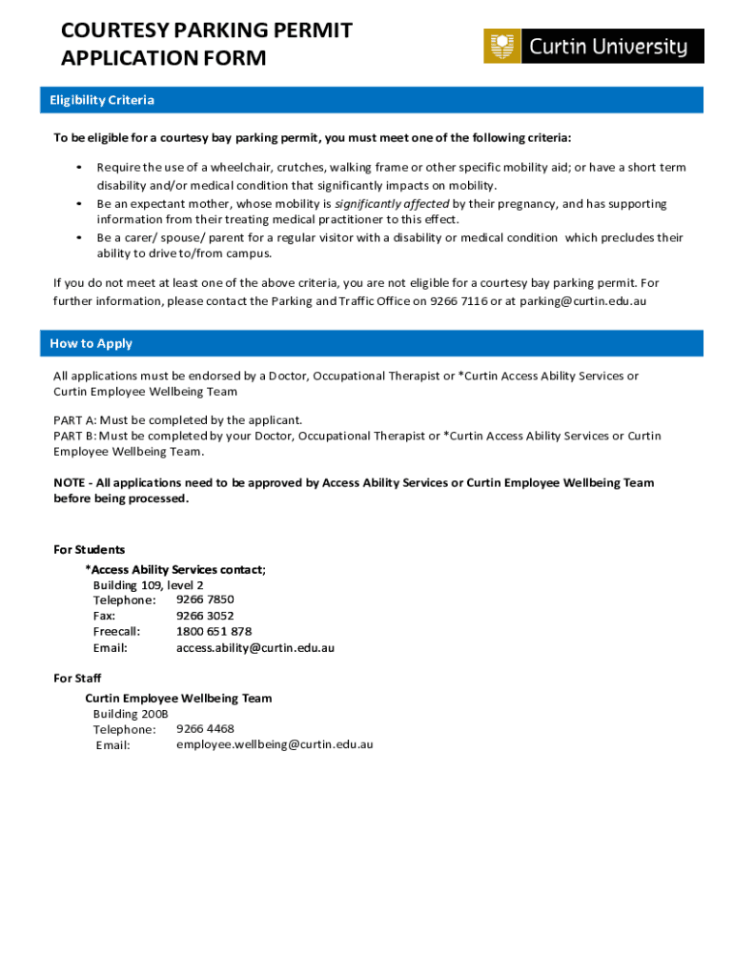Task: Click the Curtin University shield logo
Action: coord(502,46)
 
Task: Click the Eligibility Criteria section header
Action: coord(102,100)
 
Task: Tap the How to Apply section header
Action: coord(92,343)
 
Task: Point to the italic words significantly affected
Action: coord(392,204)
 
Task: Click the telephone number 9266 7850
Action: coord(205,600)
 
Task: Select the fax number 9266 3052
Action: coord(205,616)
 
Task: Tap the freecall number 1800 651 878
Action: coord(214,631)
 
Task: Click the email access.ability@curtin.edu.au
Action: coord(255,647)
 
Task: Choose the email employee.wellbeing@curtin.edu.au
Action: coord(275,743)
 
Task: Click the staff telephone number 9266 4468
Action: coord(205,728)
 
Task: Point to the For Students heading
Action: coord(89,549)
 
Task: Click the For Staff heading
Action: coord(77,678)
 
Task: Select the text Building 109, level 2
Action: coord(148,584)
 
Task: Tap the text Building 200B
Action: coord(131,713)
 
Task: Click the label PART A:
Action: coord(74,419)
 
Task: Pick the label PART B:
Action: coord(74,436)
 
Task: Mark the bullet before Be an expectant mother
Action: coord(76,204)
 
